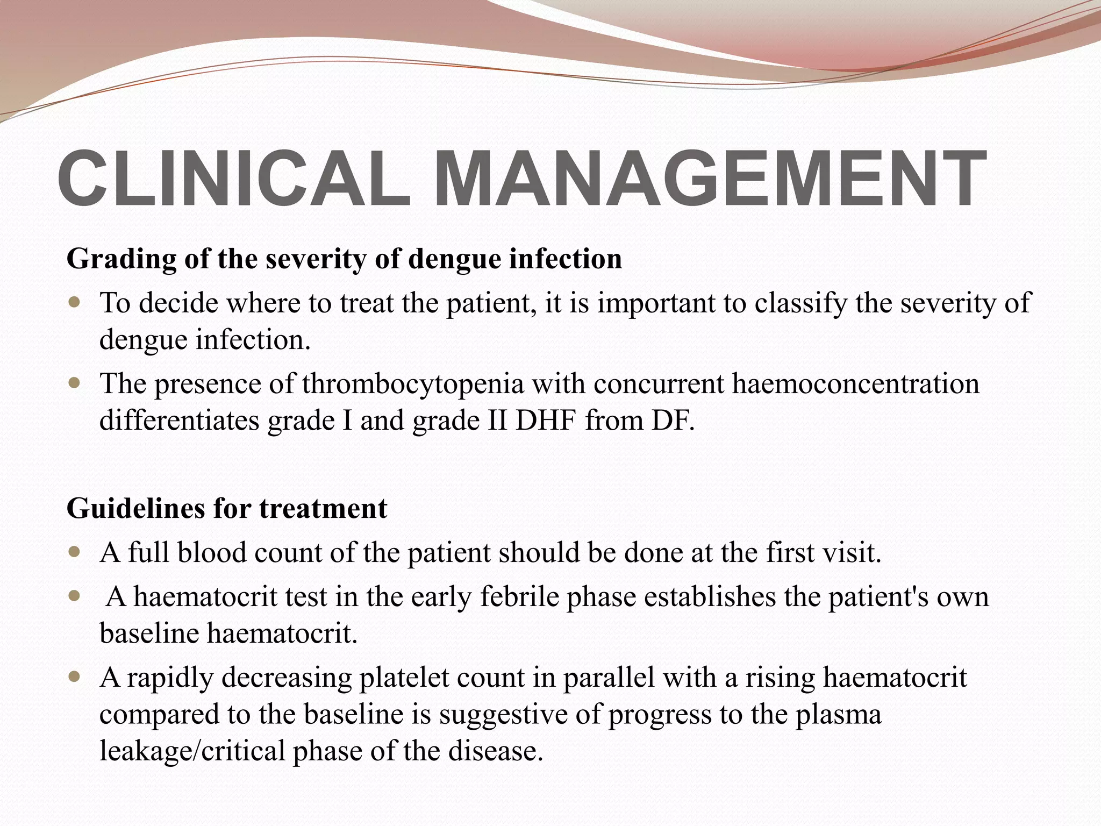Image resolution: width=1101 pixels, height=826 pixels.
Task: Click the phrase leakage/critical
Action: click(x=192, y=751)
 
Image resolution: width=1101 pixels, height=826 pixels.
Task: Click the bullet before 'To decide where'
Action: click(x=75, y=302)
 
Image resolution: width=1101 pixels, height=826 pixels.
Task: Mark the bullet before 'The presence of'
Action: click(x=75, y=383)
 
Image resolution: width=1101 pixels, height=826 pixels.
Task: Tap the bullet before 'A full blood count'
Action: click(x=75, y=552)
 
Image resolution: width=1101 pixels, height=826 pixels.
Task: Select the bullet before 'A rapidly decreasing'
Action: click(x=75, y=676)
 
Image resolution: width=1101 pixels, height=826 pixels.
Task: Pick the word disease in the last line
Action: click(x=495, y=751)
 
